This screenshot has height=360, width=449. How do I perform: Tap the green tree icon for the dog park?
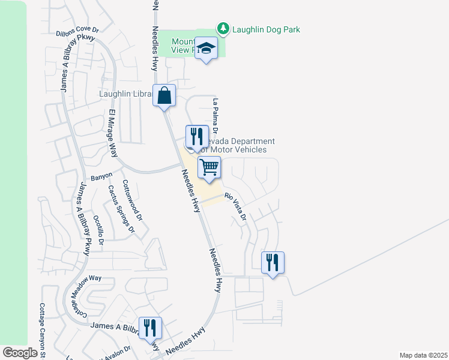(x=223, y=29)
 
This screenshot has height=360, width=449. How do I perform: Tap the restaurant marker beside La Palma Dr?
(x=196, y=136)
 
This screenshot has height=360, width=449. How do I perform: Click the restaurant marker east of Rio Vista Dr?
(x=273, y=262)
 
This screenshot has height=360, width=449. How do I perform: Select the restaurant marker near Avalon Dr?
(x=149, y=328)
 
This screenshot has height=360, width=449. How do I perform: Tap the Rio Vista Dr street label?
(x=236, y=206)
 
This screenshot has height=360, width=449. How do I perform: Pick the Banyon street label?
(x=101, y=177)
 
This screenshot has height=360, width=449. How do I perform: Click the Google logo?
(x=20, y=353)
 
